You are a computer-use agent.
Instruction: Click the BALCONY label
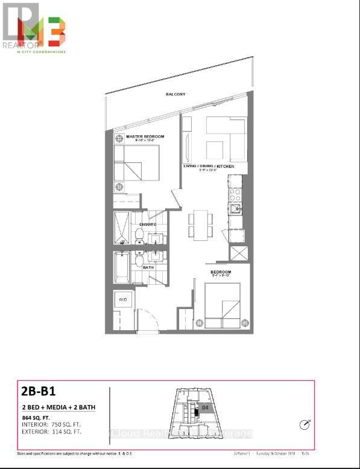(177, 95)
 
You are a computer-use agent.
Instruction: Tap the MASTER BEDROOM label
(145, 137)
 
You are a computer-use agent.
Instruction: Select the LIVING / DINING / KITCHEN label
(209, 165)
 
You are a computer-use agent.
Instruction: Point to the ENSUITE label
(148, 224)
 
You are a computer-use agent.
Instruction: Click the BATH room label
(148, 267)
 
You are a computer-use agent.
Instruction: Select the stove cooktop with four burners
(235, 194)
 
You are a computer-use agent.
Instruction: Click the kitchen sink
(236, 209)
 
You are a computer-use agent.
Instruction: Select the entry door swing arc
(147, 317)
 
